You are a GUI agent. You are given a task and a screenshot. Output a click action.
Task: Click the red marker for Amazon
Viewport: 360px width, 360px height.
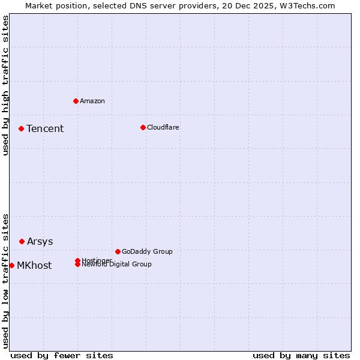tap(76, 101)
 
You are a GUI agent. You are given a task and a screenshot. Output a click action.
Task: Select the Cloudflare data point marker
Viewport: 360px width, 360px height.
tap(143, 127)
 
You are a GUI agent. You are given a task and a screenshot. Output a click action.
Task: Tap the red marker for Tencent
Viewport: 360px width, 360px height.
tap(21, 128)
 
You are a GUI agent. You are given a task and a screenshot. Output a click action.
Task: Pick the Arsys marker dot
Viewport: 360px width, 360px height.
tap(22, 241)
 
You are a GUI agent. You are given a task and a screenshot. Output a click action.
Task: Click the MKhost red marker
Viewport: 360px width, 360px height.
tap(11, 265)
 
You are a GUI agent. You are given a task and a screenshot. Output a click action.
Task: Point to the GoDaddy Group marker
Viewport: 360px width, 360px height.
tap(118, 251)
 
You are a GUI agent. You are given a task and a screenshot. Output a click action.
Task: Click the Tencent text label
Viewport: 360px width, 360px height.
tap(45, 129)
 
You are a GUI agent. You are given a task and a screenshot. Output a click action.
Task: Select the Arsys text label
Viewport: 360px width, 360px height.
tap(40, 242)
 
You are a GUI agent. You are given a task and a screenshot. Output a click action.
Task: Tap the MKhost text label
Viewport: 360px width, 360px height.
tap(34, 266)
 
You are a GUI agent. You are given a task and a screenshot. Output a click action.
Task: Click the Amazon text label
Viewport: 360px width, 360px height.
tap(92, 101)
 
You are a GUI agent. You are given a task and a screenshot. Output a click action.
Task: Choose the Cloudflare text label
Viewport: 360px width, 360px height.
tap(163, 127)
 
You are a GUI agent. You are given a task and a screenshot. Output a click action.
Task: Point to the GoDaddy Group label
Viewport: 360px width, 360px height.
tap(147, 251)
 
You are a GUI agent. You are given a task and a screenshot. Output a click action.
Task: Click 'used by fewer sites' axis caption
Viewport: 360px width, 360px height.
tap(62, 355)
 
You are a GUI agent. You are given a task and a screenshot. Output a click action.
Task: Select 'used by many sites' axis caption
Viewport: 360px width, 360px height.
tap(301, 355)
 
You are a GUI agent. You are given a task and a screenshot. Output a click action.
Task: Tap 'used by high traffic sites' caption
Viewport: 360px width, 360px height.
tap(5, 85)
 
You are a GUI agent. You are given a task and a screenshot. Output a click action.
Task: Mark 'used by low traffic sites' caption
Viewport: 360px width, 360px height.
tap(5, 281)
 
